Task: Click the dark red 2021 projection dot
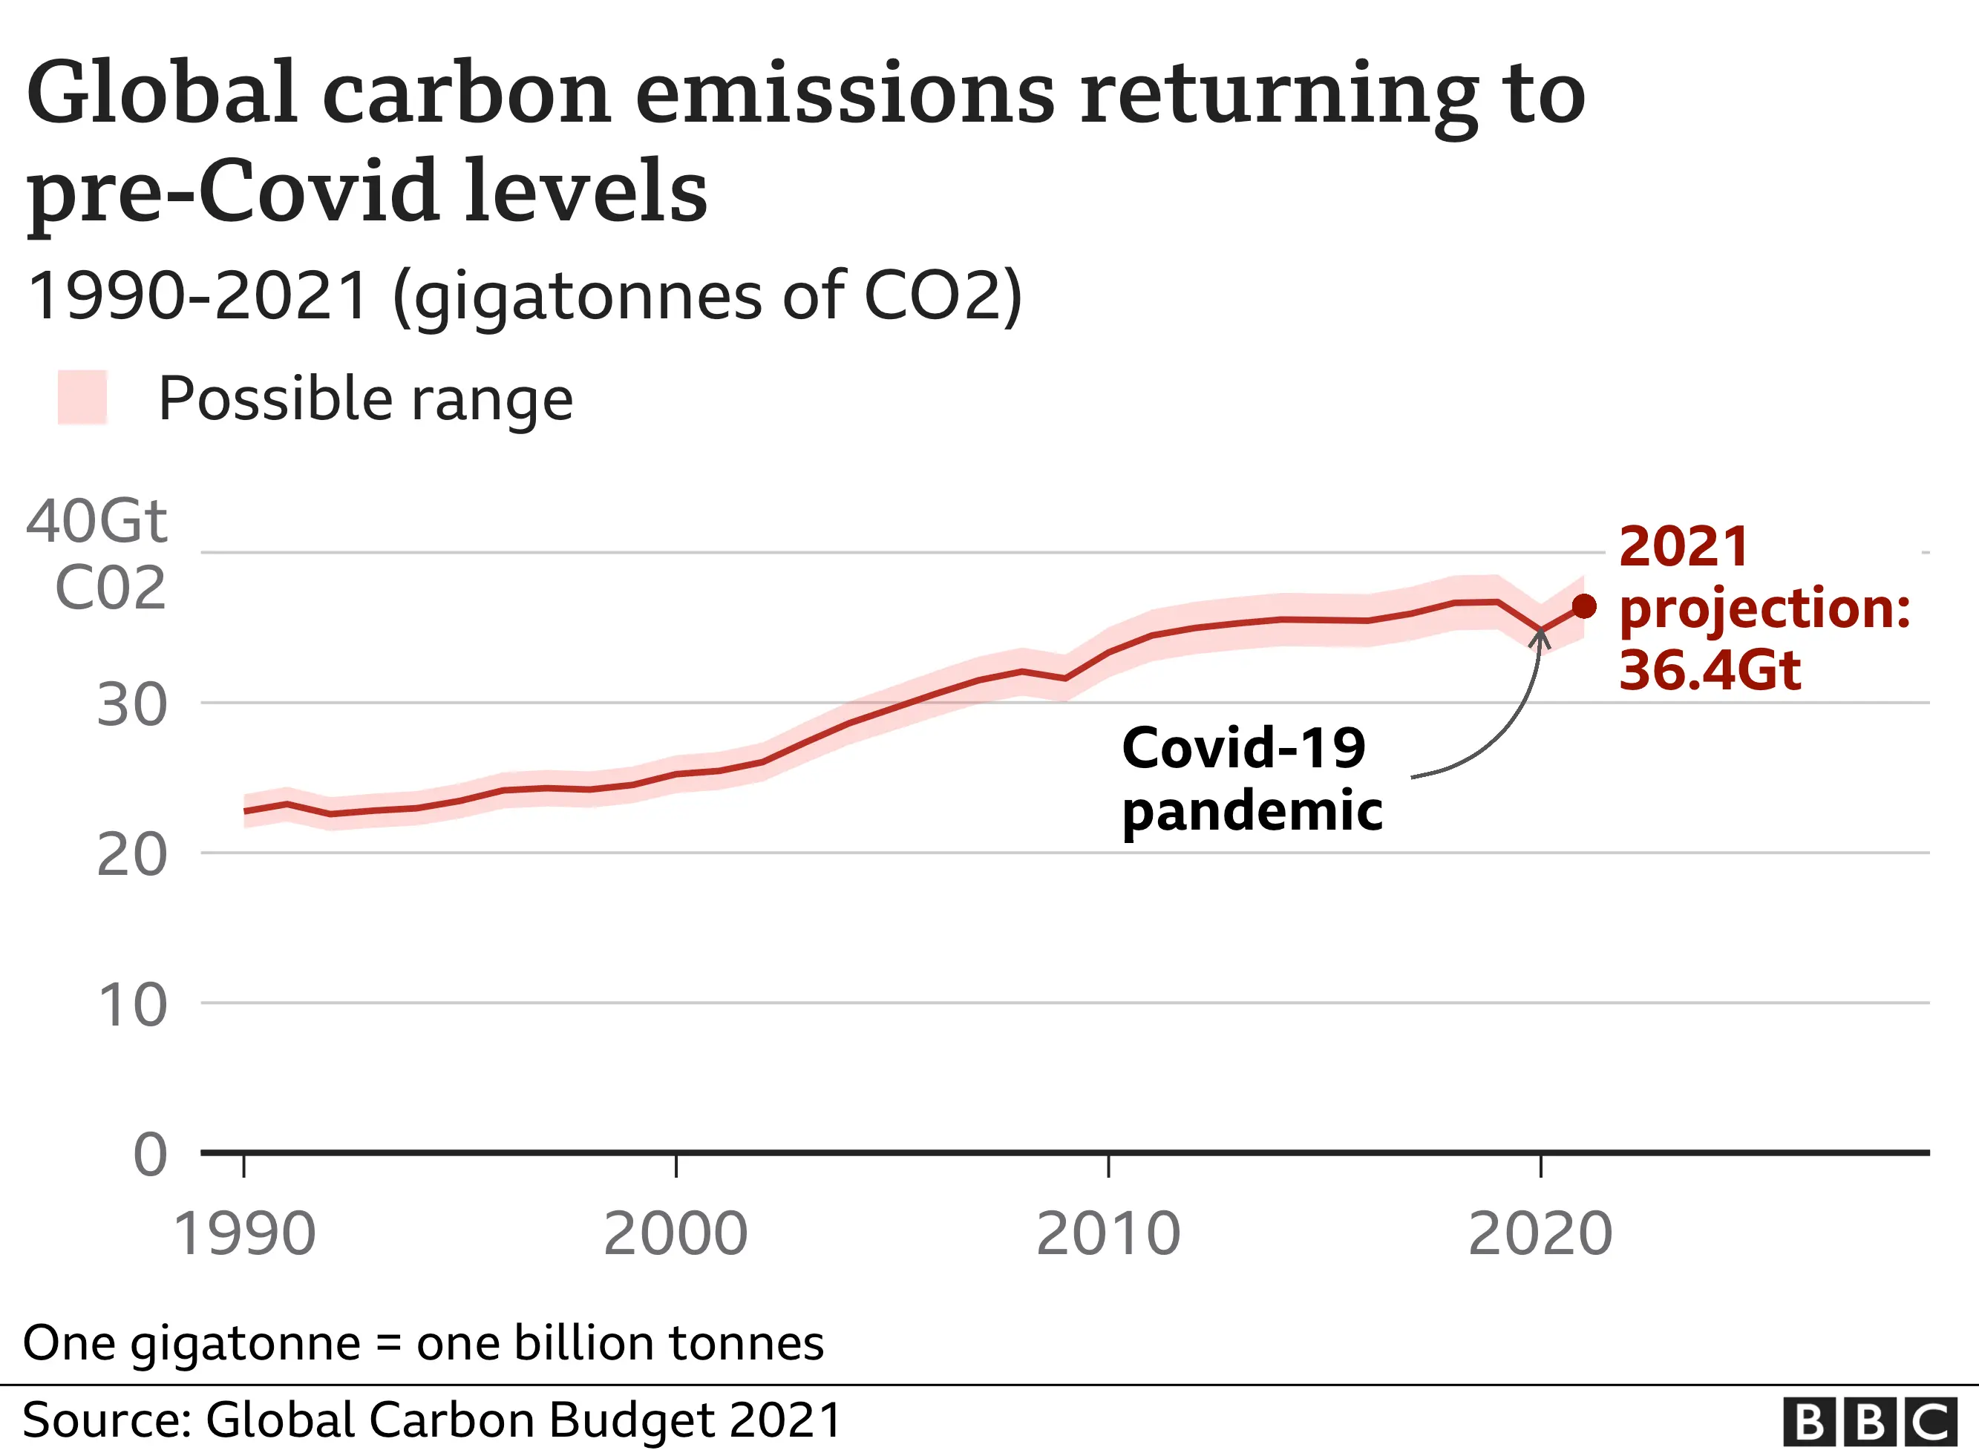pyautogui.click(x=1583, y=606)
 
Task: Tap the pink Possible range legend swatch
pyautogui.click(x=82, y=398)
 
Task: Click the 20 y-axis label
pyautogui.click(x=132, y=854)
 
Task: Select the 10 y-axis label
pyautogui.click(x=132, y=1005)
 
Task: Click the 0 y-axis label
pyautogui.click(x=149, y=1154)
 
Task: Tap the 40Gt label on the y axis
pyautogui.click(x=97, y=522)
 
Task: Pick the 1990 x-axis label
pyautogui.click(x=243, y=1234)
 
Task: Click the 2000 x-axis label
pyautogui.click(x=676, y=1234)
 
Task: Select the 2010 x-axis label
pyautogui.click(x=1108, y=1234)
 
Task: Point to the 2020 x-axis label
pyautogui.click(x=1540, y=1234)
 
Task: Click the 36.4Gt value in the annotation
pyautogui.click(x=1710, y=670)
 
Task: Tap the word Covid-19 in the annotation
pyautogui.click(x=1243, y=749)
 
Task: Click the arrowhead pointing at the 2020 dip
pyautogui.click(x=1540, y=636)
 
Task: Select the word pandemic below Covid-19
pyautogui.click(x=1252, y=811)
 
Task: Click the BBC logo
pyautogui.click(x=1870, y=1421)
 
